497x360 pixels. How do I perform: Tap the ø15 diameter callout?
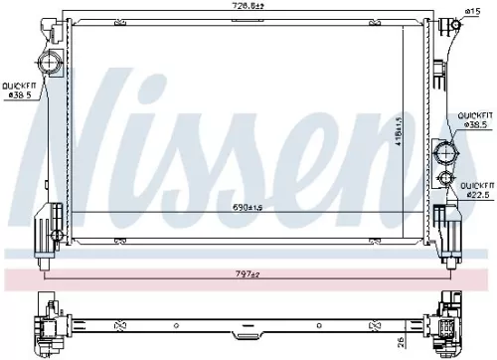tap(472, 11)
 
